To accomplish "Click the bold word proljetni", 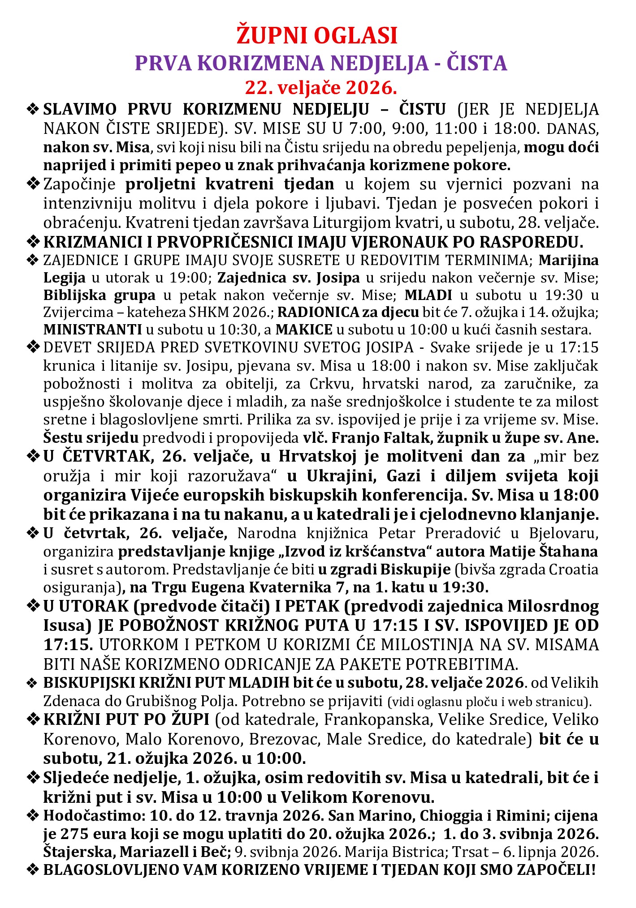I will (x=162, y=184).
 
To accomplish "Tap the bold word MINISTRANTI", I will (x=92, y=330).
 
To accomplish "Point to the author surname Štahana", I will (x=569, y=552).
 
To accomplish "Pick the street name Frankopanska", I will (x=375, y=720).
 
